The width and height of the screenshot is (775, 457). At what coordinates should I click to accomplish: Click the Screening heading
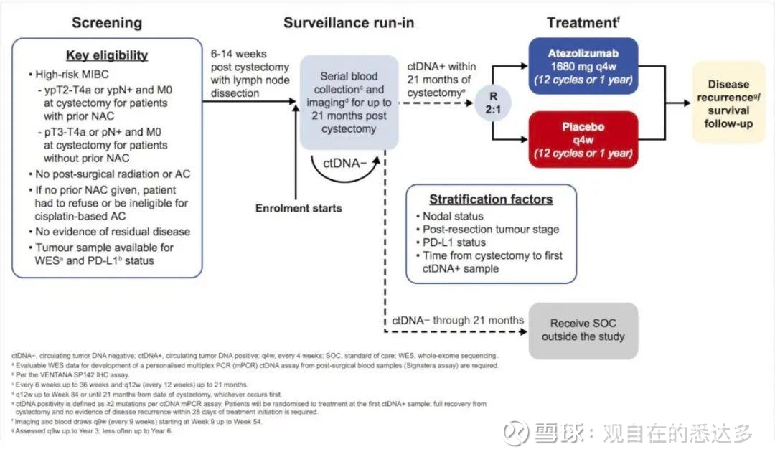[105, 22]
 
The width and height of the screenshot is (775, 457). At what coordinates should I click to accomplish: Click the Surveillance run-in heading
[348, 22]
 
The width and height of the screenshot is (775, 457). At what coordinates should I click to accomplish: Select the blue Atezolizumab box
[583, 65]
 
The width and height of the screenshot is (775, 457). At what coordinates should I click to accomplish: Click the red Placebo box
[583, 139]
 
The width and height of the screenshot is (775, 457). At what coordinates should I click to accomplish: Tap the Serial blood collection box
[349, 103]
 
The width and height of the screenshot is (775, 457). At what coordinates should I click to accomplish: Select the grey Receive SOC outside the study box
[583, 329]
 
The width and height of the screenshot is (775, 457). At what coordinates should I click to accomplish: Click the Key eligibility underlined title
[106, 55]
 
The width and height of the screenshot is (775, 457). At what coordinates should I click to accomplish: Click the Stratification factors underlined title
[491, 199]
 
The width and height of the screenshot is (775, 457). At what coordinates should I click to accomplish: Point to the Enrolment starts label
[299, 208]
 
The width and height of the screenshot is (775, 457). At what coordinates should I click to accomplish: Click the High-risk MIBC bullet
[70, 75]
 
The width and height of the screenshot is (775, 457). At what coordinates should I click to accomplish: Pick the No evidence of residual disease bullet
[108, 231]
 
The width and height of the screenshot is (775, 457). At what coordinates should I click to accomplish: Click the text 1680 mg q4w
[583, 65]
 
